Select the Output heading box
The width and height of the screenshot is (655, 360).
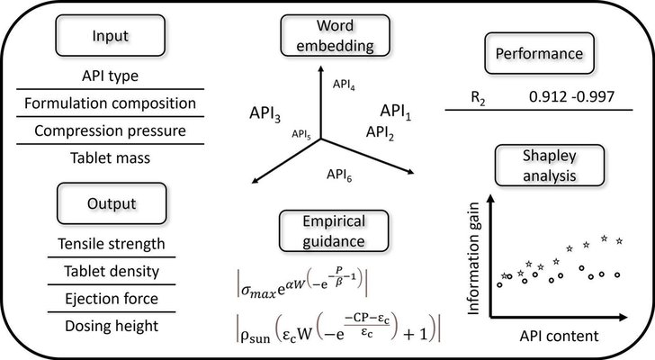click(x=111, y=201)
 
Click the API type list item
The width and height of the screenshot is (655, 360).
click(x=111, y=78)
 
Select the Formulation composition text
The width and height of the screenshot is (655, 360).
click(x=111, y=104)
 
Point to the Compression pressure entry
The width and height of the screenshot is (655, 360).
click(x=111, y=131)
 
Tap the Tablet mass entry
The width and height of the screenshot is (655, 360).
click(x=111, y=158)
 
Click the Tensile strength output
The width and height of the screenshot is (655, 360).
click(x=111, y=244)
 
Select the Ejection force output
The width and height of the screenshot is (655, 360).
click(x=111, y=298)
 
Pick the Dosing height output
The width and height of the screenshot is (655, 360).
click(x=111, y=326)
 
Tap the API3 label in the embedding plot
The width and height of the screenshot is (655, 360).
click(x=267, y=117)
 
